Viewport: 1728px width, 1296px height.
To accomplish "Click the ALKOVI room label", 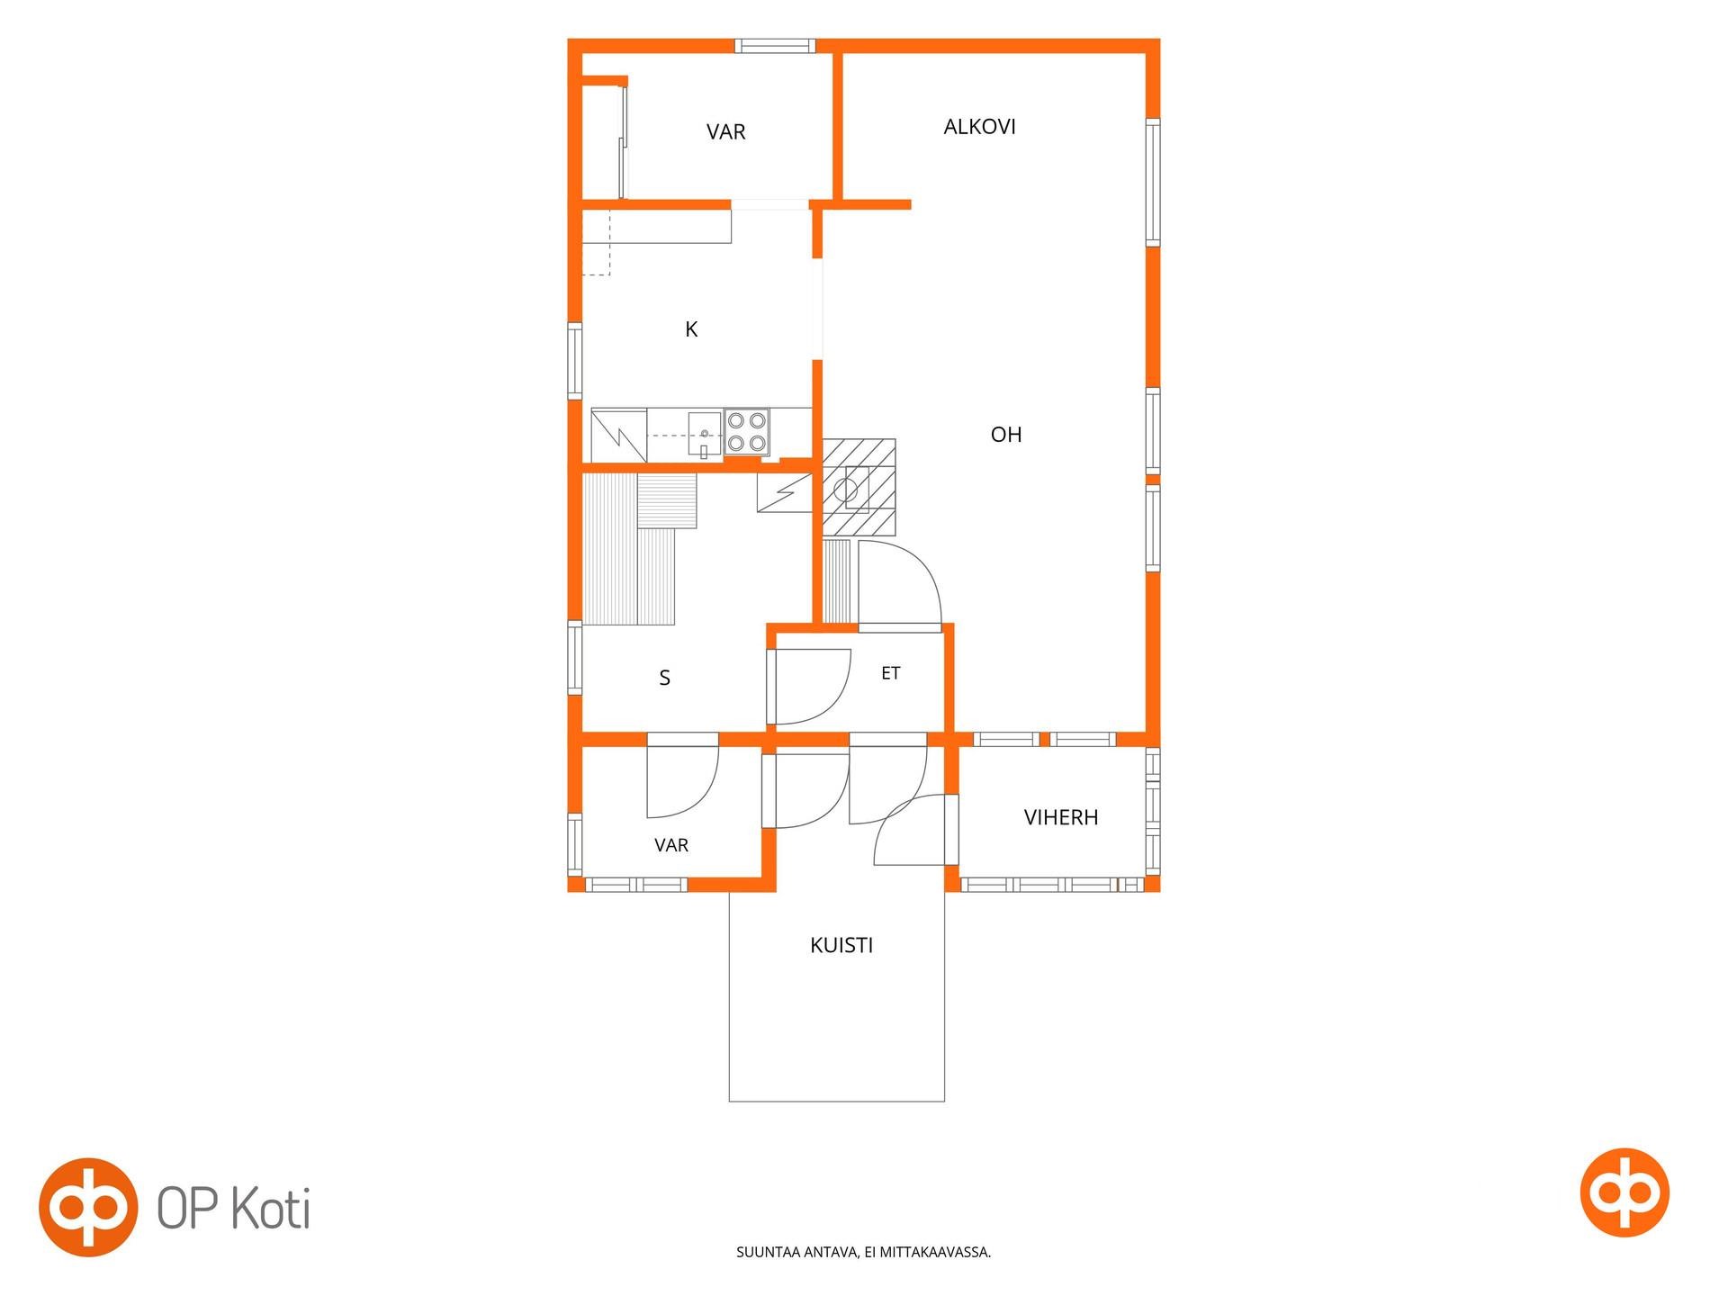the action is [979, 127].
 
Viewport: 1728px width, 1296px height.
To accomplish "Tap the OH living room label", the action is [1005, 435].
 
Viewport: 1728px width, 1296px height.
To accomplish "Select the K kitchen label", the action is [691, 329].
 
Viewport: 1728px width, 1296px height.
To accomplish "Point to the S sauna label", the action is [664, 678].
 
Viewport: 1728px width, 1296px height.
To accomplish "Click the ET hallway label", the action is [890, 673].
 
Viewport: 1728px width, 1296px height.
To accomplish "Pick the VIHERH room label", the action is [1061, 817].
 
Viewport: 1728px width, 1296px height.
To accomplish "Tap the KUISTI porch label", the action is [841, 945].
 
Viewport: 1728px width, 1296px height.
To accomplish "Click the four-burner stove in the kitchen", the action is [746, 431].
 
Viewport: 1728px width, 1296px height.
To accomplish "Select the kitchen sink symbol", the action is [704, 435].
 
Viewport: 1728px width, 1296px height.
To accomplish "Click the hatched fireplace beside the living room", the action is [859, 488].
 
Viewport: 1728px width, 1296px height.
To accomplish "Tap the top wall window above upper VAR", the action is [775, 46].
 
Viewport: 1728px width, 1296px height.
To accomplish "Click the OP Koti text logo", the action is [234, 1208].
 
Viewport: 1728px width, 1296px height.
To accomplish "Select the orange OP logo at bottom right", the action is [1624, 1192].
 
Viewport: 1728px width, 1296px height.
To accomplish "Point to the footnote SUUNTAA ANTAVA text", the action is [863, 1252].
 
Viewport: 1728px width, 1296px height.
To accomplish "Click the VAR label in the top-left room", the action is [725, 132].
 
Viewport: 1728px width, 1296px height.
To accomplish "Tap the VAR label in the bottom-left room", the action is [671, 845].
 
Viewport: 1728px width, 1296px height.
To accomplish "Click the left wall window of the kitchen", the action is [574, 360].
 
